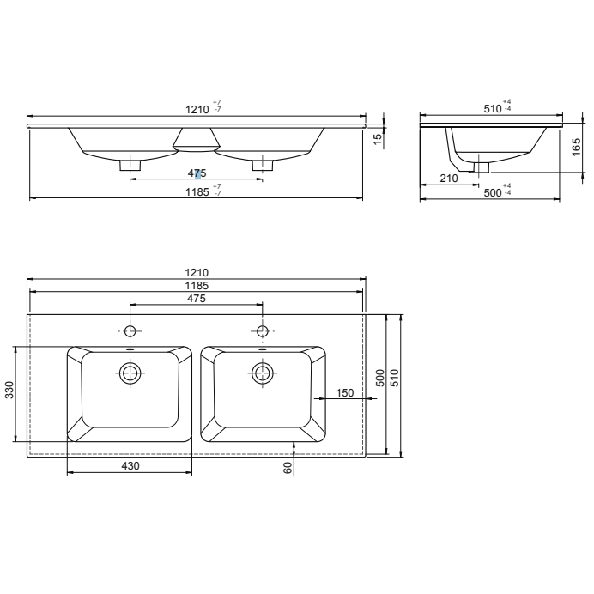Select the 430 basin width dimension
pyautogui.click(x=129, y=464)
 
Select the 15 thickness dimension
pyautogui.click(x=378, y=138)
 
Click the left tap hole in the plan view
pyautogui.click(x=130, y=331)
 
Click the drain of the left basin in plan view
pyautogui.click(x=130, y=373)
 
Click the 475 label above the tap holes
pyautogui.click(x=197, y=298)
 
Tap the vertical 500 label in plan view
pyautogui.click(x=380, y=378)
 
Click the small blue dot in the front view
pyautogui.click(x=199, y=173)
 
